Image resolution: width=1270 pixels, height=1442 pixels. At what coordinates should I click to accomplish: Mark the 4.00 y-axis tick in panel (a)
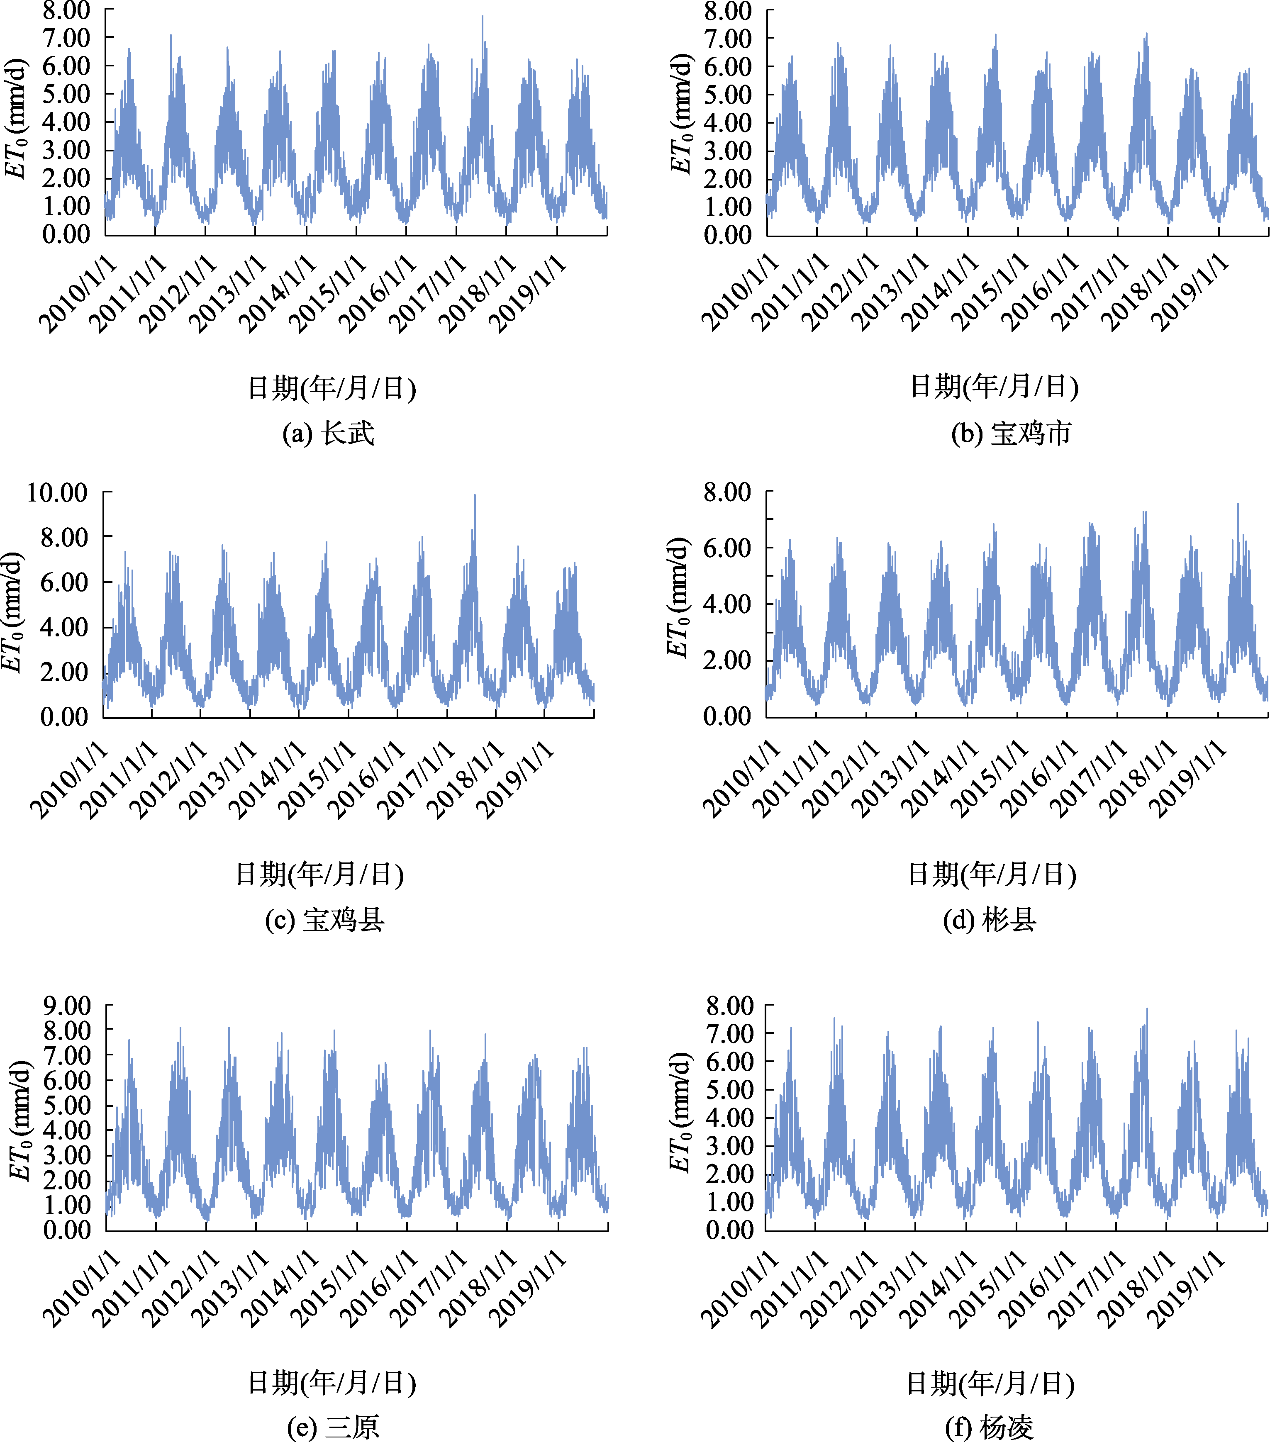66,122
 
